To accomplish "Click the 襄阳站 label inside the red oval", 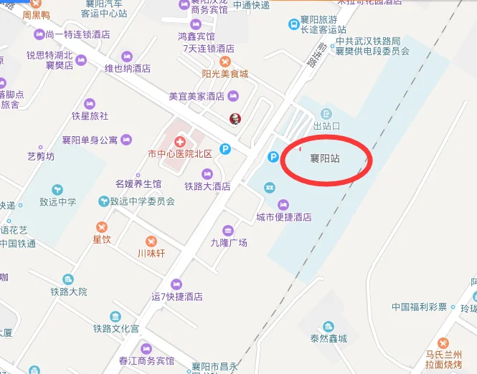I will point(324,158).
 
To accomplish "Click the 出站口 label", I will point(326,126).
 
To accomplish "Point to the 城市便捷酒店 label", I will point(284,217).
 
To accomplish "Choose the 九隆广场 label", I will point(228,243).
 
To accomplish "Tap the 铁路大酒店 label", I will point(207,186).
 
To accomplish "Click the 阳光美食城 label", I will point(225,74).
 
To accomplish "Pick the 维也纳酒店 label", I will point(128,69).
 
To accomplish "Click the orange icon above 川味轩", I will point(151,241).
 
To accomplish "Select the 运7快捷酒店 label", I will point(176,297).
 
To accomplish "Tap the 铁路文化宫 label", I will point(115,329).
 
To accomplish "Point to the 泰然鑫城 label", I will point(328,338).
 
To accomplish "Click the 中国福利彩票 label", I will point(419,307).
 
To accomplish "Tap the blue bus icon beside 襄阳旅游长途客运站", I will point(294,24).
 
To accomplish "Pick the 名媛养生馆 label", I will point(138,184).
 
